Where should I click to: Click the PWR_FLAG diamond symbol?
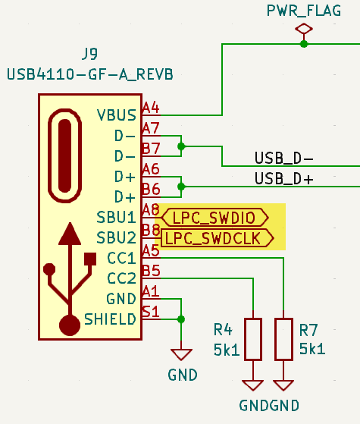pos(304,29)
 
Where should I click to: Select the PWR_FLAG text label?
pos(303,10)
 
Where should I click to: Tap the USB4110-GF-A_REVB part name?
pos(90,74)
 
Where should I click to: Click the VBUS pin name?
pos(117,115)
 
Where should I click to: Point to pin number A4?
pos(151,108)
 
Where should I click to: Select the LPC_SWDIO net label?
pos(215,218)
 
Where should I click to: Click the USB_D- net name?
pos(284,159)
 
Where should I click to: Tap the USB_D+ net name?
pos(284,179)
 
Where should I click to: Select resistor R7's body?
pos(283,339)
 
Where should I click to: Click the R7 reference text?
pos(308,330)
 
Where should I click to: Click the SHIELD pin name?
pos(110,319)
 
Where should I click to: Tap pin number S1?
pos(151,311)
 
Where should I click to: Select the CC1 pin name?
pos(121,258)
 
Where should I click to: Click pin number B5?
pos(151,270)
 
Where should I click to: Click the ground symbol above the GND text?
pos(180,353)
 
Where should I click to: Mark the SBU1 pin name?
pos(116,217)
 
